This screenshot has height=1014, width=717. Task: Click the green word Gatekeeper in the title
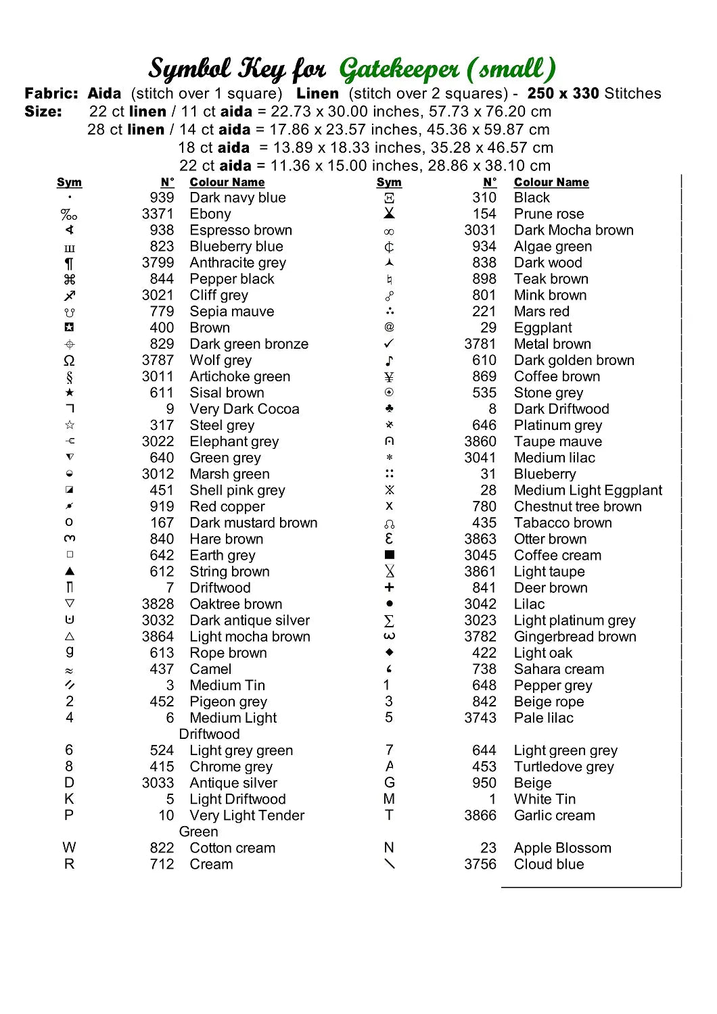399,69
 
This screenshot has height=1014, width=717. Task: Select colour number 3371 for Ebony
158,214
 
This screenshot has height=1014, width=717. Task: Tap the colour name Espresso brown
241,231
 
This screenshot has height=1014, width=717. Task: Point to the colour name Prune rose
549,214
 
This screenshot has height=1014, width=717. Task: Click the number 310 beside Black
484,198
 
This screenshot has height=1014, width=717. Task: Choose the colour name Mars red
541,312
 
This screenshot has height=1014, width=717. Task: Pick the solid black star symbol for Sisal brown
70,393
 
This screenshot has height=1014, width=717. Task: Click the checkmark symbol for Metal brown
389,344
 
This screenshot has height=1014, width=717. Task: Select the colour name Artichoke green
239,377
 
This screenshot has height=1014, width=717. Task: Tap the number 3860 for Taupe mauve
480,441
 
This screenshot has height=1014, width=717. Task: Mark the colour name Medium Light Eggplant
588,490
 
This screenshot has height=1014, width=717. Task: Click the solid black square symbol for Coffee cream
389,555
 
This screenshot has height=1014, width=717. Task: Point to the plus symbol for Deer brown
389,587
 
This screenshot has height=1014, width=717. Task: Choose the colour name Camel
210,669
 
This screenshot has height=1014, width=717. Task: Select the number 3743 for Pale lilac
480,718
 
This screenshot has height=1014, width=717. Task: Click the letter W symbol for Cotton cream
69,848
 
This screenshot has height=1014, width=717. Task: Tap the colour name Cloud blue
549,864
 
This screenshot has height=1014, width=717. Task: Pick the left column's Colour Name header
227,183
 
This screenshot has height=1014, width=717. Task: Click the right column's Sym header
389,183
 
